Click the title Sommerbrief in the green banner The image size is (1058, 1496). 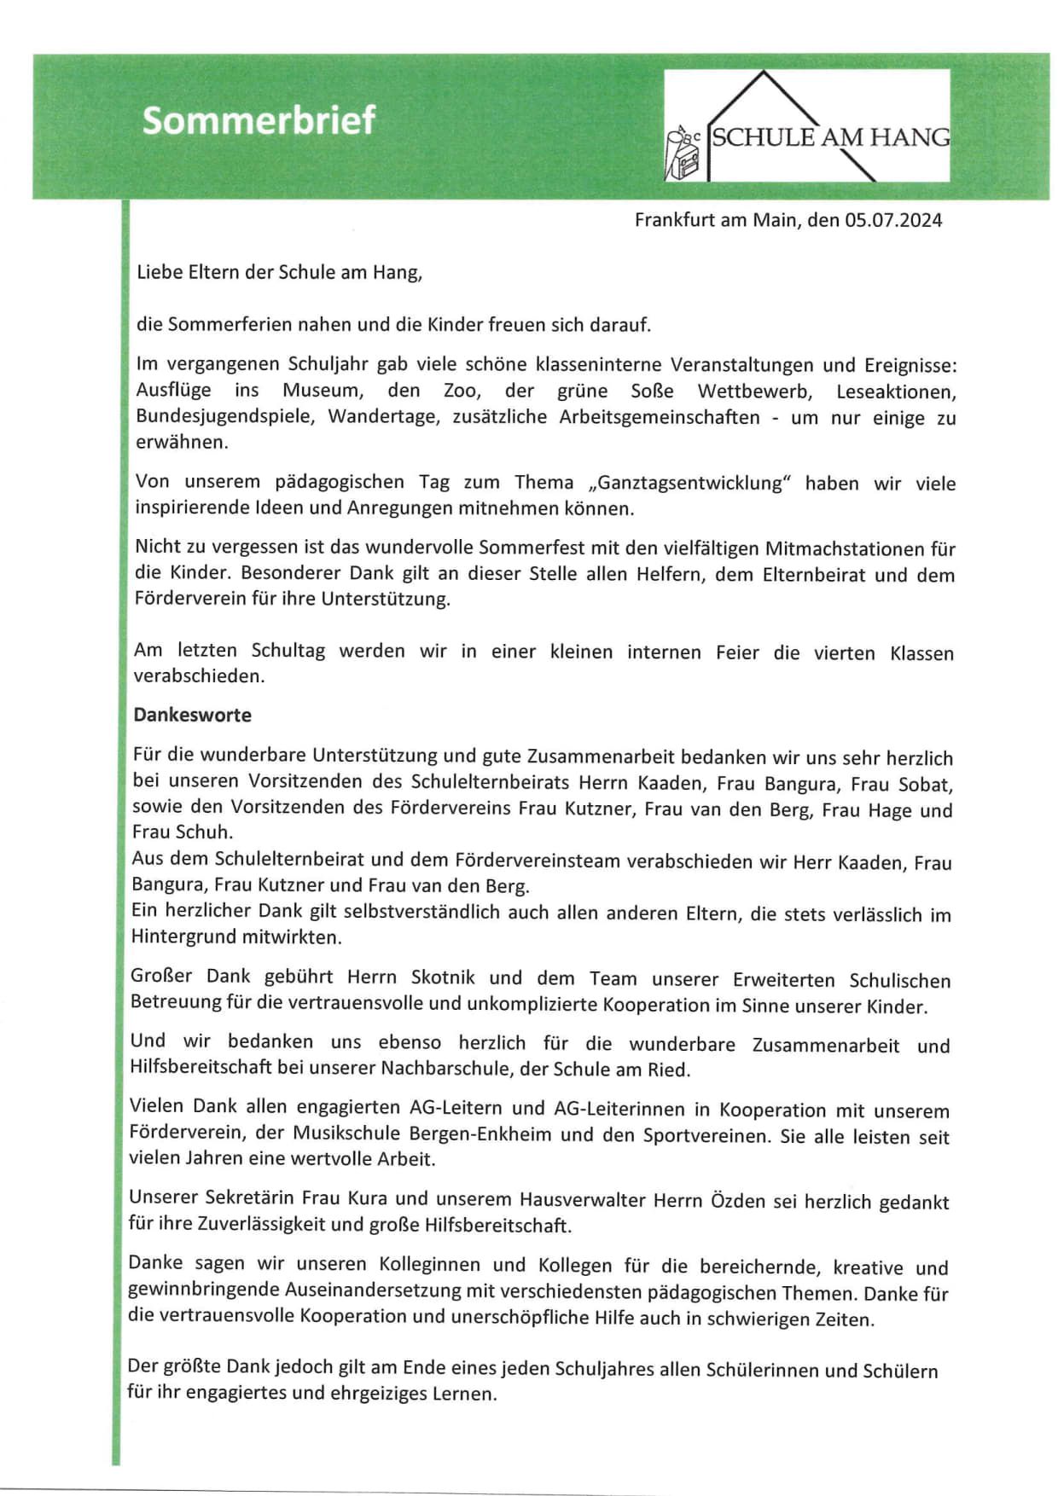(259, 120)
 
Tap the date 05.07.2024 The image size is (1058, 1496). (893, 220)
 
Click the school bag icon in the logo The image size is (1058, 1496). (684, 155)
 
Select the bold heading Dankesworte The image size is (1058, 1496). (192, 715)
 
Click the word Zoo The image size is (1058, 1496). (461, 391)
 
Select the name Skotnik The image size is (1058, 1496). (443, 977)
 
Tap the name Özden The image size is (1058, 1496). (738, 1201)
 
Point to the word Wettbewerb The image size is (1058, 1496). (754, 391)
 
